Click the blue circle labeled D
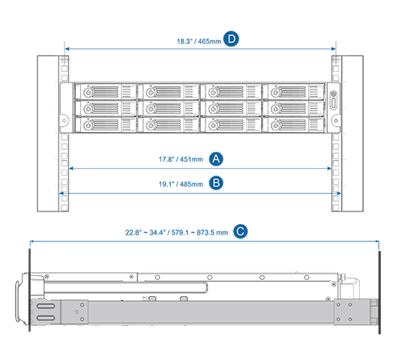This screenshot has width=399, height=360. click(231, 39)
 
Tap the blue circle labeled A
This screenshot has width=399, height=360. click(216, 159)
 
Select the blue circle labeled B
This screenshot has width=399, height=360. click(216, 183)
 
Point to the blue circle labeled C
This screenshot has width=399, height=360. click(241, 231)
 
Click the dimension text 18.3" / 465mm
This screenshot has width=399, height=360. click(199, 41)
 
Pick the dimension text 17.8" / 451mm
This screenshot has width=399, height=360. click(181, 160)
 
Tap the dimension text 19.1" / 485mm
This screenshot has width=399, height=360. click(181, 184)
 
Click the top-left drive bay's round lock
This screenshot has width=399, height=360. click(88, 92)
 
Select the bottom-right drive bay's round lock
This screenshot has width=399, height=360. click(275, 125)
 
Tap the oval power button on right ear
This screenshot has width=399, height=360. click(334, 103)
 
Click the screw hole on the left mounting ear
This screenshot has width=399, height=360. click(64, 121)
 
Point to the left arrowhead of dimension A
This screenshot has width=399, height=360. click(71, 169)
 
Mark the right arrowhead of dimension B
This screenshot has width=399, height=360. click(339, 193)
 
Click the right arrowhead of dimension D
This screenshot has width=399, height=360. click(334, 49)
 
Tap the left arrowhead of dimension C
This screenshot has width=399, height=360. click(31, 241)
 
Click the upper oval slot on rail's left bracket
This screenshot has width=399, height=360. click(46, 306)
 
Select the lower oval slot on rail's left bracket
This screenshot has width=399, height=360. click(46, 318)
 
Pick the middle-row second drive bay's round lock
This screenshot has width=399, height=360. click(151, 109)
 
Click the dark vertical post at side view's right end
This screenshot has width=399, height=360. click(379, 292)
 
